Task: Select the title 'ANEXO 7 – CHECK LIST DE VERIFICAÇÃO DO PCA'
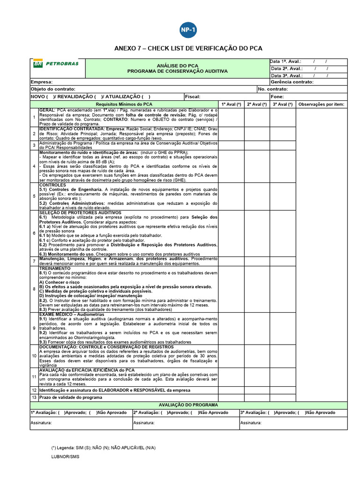[188, 48]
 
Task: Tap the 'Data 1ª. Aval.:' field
[285, 61]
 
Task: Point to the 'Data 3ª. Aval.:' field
[285, 75]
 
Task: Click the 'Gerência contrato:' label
[292, 82]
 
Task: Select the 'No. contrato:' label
[273, 89]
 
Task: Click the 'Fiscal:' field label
[193, 97]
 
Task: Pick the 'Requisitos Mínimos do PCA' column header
[124, 104]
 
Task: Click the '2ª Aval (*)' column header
[256, 104]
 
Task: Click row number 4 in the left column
[34, 166]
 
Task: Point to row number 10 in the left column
[34, 356]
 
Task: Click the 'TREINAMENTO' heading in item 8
[54, 269]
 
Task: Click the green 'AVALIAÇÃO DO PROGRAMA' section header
[188, 405]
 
